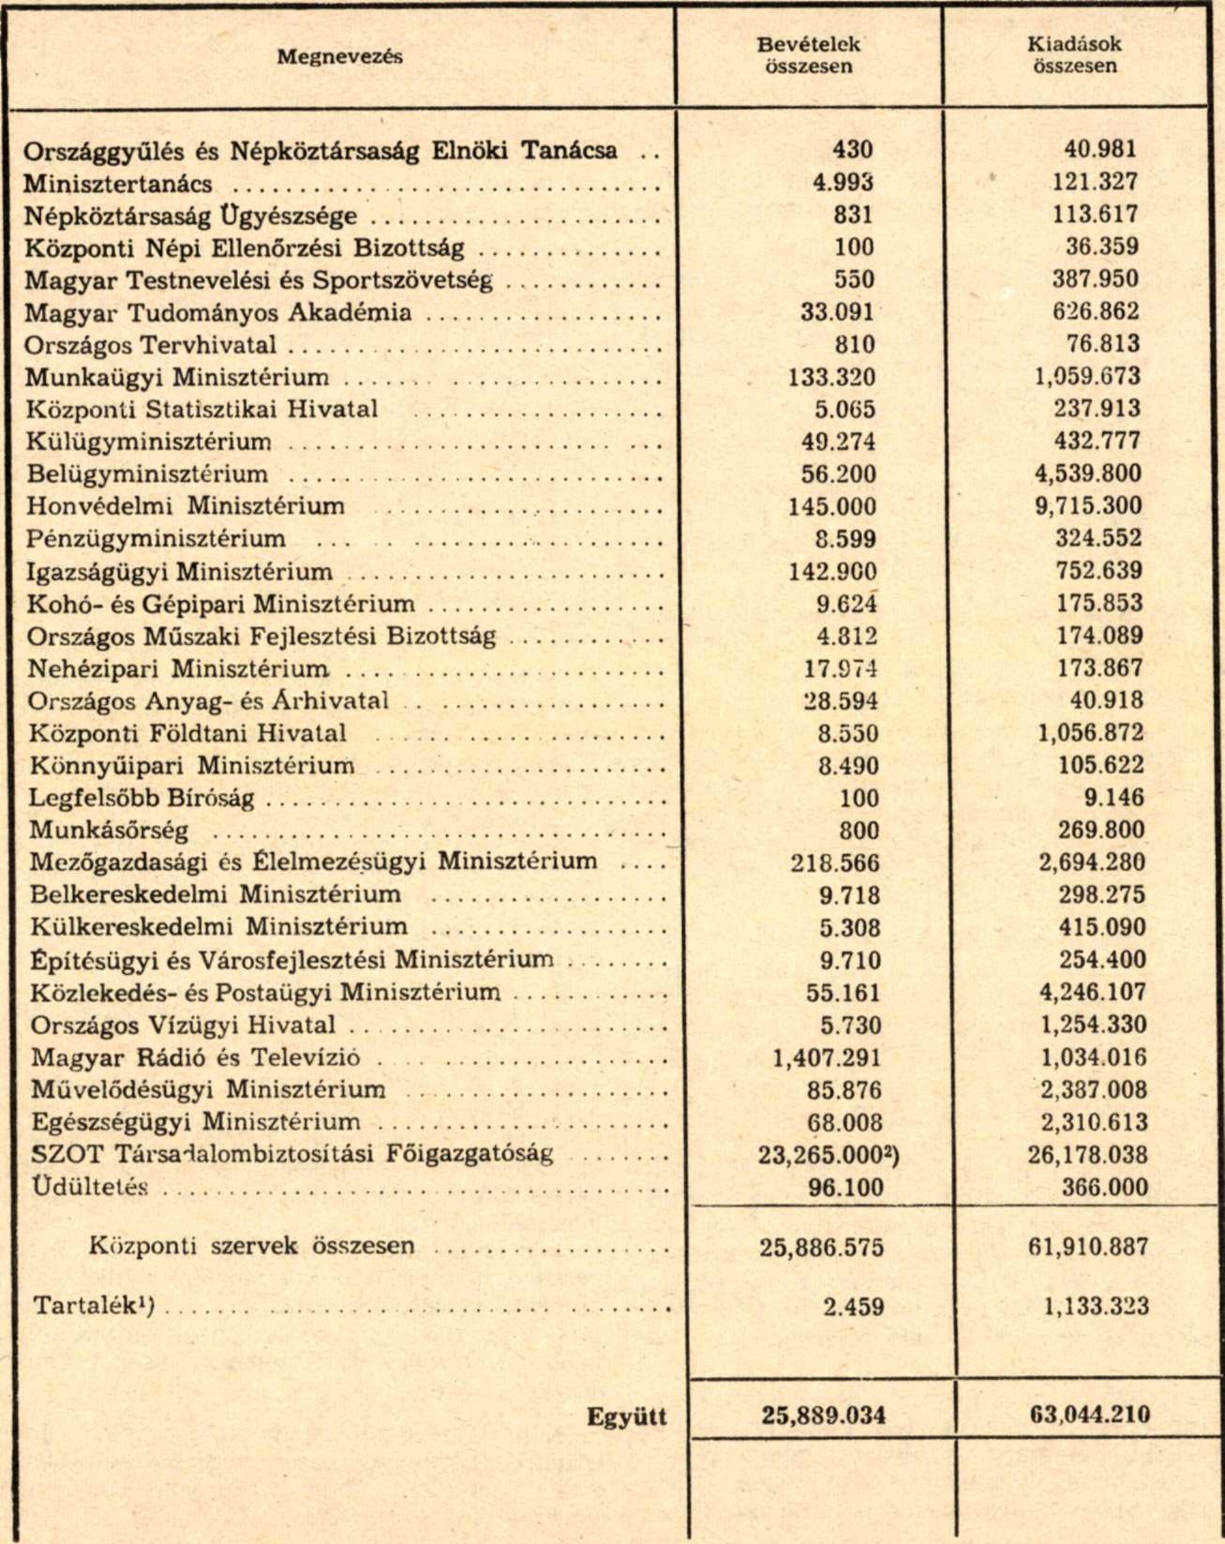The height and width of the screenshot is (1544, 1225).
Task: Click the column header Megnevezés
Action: tap(339, 56)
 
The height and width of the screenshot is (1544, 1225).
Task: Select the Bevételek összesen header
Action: tap(808, 55)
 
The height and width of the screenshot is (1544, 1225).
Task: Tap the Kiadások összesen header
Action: tap(1074, 55)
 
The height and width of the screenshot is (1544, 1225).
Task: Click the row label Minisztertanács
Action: tap(118, 184)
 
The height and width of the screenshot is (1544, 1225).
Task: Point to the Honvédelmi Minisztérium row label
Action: tap(186, 506)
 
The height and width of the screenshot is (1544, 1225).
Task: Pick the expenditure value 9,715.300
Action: tap(1088, 506)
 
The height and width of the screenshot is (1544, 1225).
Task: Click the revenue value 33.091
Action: tap(837, 312)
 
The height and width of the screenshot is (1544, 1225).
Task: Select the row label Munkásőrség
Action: tap(109, 830)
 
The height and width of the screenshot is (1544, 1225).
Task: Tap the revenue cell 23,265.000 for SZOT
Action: tap(829, 1155)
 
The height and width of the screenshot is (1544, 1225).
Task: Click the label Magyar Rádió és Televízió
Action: tap(195, 1057)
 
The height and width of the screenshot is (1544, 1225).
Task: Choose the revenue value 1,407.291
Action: tap(827, 1057)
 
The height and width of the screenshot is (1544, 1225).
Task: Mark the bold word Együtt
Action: tap(626, 1417)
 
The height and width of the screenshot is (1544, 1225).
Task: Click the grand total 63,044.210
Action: tap(1089, 1415)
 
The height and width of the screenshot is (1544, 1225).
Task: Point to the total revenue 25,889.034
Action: tap(823, 1415)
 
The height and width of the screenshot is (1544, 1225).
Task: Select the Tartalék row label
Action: tap(93, 1306)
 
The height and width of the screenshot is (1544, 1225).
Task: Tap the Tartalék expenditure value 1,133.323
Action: tap(1095, 1306)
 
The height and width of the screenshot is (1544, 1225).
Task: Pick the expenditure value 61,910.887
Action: tap(1088, 1247)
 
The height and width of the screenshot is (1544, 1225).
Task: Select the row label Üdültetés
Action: tap(90, 1188)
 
